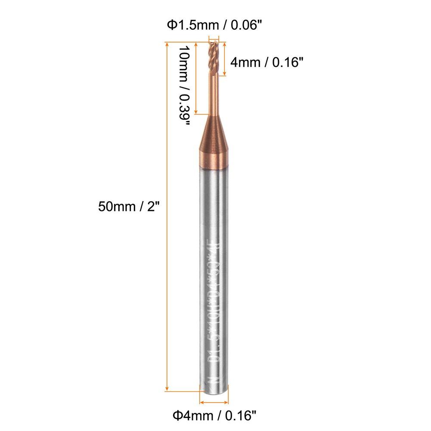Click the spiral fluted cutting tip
[214, 56]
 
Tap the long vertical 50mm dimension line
[167, 215]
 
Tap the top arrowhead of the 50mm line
[167, 44]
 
